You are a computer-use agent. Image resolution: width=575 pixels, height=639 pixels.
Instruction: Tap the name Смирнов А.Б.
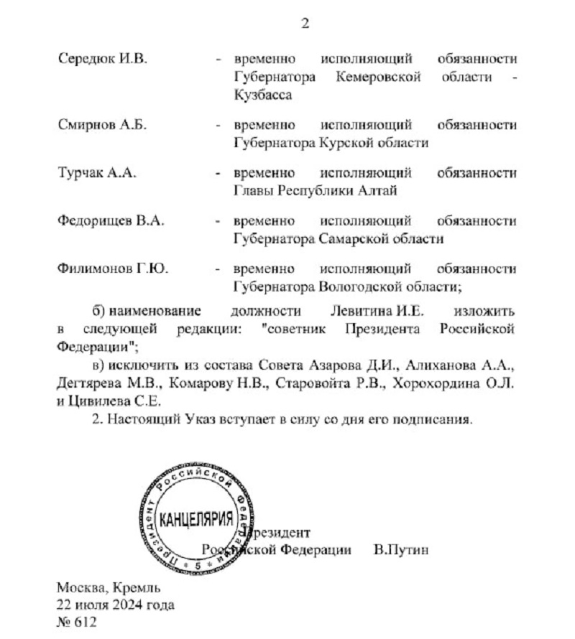[x=102, y=124]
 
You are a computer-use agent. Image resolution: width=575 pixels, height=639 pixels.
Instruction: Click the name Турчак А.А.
[x=96, y=172]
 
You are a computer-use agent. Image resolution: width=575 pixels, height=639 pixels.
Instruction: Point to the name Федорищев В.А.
[x=111, y=220]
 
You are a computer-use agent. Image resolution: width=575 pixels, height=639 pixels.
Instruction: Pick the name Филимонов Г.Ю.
[x=112, y=269]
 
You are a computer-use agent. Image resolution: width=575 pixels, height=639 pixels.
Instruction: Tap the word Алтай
[x=378, y=190]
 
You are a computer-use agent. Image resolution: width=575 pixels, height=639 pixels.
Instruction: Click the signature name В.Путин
[x=401, y=550]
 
